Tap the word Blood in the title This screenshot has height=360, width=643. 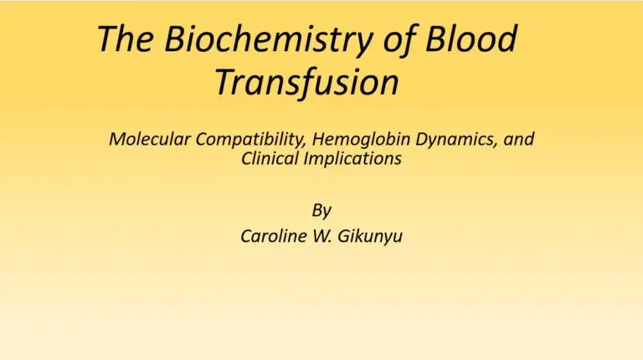471,39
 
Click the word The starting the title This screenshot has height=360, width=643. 126,39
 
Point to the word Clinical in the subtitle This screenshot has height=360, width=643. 270,158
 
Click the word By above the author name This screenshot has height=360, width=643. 321,209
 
